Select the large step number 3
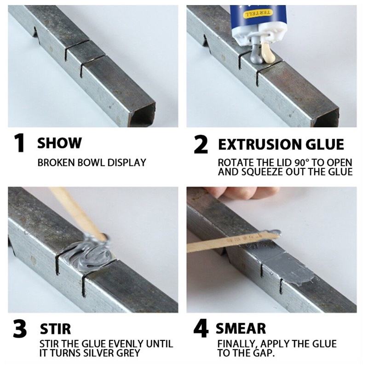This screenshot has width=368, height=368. (20, 328)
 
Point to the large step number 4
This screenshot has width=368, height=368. (201, 328)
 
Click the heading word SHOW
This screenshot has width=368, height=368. (59, 143)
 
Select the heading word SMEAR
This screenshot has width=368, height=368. (241, 328)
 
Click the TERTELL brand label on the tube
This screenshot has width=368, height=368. (259, 13)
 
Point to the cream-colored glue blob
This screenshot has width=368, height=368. (268, 53)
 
